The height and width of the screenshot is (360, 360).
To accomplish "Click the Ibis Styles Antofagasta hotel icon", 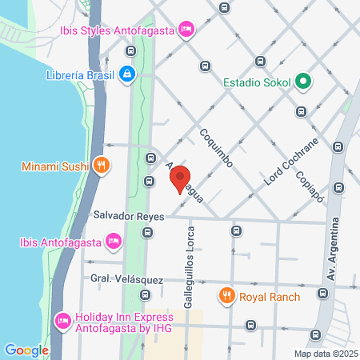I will point(186,30).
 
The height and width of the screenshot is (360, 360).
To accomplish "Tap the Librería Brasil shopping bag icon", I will point(126,76).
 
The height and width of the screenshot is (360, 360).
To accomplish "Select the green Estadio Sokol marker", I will point(303,81).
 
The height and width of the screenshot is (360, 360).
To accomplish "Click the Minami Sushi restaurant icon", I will point(101,167).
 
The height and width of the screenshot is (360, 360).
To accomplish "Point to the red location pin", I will point(181,179).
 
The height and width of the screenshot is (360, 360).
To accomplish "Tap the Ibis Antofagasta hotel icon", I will point(114,241).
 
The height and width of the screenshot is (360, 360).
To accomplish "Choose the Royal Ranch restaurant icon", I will point(226,297).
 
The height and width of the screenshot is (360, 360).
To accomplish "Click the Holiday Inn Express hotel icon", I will point(62,321).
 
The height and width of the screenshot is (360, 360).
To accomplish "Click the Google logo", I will point(26,350).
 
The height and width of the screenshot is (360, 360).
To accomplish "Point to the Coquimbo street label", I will point(216,149).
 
